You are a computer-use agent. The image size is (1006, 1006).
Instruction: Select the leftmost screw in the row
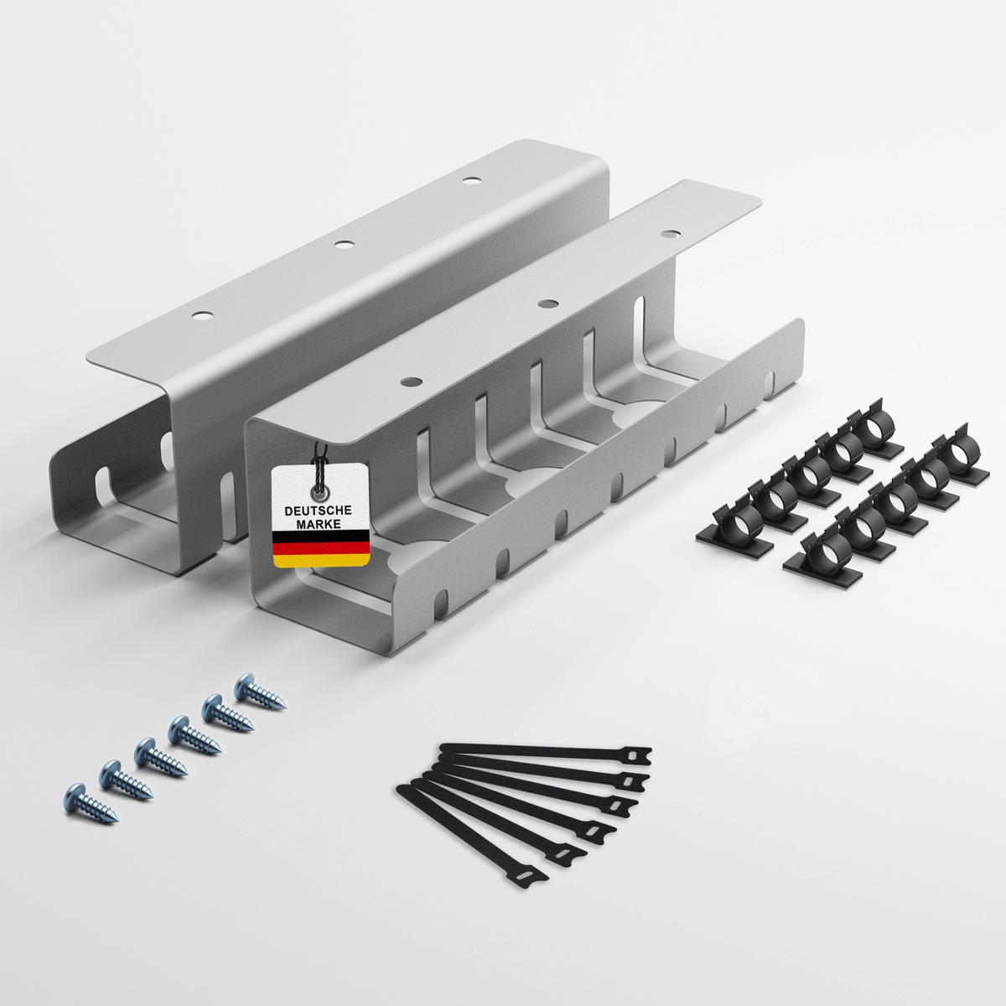click(90, 806)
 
